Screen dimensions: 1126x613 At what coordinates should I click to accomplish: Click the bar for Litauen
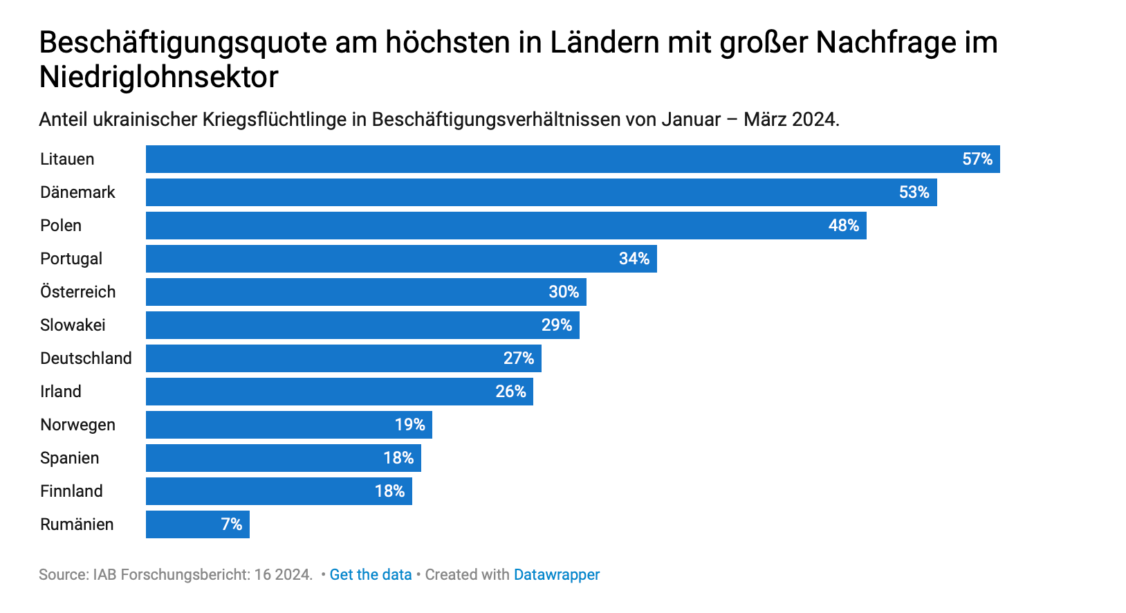[573, 159]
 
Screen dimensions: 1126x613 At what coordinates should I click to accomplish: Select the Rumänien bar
[198, 524]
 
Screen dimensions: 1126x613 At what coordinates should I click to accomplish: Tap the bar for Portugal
[401, 259]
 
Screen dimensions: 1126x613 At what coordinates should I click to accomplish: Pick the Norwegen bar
[289, 424]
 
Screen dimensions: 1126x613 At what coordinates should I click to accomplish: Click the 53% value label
[914, 192]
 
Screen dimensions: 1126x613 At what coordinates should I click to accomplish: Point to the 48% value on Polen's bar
[844, 226]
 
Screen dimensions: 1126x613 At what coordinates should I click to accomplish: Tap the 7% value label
[231, 524]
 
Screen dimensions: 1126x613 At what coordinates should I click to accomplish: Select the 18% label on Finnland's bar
[389, 491]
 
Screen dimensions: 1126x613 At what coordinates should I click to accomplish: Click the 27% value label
[519, 358]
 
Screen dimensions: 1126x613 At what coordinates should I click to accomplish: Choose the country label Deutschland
[86, 358]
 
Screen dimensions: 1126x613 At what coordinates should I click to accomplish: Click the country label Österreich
[78, 292]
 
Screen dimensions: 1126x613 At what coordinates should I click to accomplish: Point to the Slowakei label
[73, 325]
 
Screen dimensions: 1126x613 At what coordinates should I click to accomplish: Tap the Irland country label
[61, 391]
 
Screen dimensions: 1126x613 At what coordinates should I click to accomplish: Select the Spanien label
[70, 458]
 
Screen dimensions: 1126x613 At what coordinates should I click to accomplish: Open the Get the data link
[371, 574]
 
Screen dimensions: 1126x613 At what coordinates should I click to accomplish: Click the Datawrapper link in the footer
[557, 575]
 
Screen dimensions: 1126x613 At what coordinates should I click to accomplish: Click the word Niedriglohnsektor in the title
[159, 77]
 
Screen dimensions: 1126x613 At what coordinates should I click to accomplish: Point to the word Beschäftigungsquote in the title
[183, 43]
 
